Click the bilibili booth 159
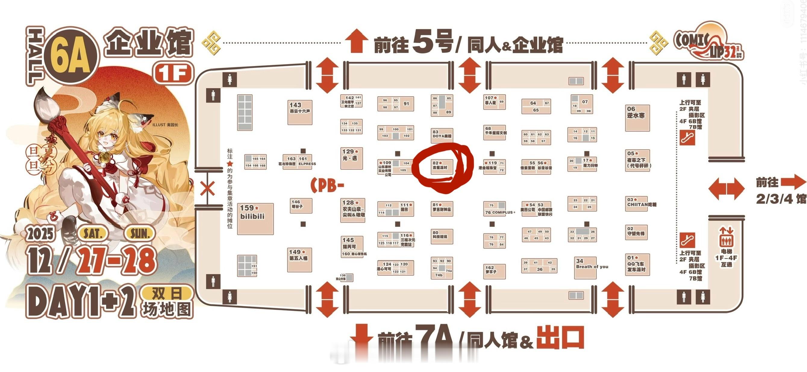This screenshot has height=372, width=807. click(255, 218)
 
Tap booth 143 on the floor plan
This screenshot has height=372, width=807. click(300, 112)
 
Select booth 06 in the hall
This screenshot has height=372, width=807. click(637, 118)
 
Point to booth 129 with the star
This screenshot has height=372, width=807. click(351, 158)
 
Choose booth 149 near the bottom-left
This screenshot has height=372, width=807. click(299, 259)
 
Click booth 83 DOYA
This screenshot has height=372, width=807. click(442, 135)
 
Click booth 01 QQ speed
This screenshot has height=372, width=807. click(637, 264)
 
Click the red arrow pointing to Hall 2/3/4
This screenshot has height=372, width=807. click(793, 182)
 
